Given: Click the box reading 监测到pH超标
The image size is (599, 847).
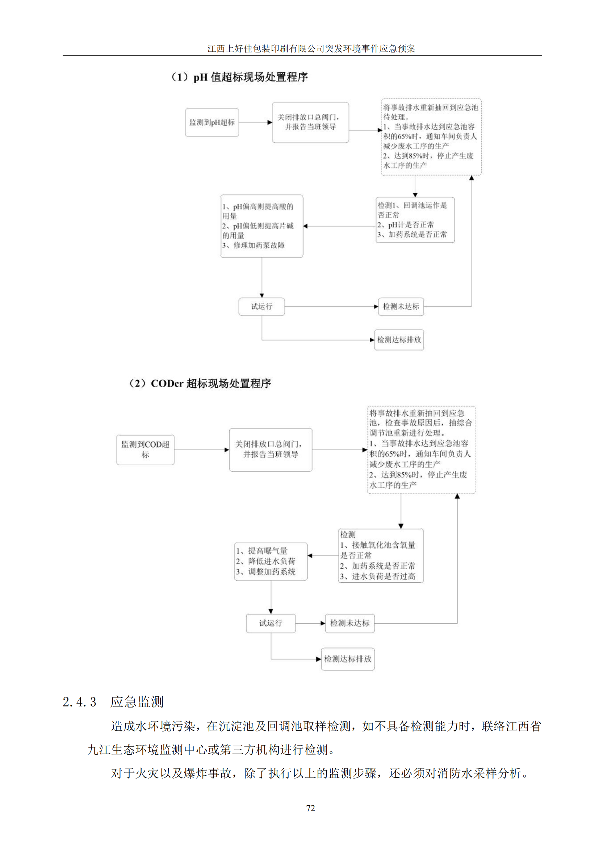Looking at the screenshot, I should coord(212,122).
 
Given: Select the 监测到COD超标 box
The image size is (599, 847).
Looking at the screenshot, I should coord(145,449).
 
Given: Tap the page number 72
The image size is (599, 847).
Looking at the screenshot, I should coord(311,808).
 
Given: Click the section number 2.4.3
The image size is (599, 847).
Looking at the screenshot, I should coord(79,701).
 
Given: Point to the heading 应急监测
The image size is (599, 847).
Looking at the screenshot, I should coord(137,701).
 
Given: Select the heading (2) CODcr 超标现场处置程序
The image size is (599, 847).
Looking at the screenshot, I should coord(200,383).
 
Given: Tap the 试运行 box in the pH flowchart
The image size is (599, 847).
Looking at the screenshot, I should coord(261,307).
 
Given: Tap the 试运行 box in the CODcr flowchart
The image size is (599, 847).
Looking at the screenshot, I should coord(271,623).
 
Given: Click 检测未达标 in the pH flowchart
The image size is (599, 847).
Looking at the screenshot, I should coord(401,307).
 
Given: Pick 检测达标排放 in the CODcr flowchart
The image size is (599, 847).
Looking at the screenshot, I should coord(347,659).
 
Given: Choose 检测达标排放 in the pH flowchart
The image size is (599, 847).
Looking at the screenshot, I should coord(399,340).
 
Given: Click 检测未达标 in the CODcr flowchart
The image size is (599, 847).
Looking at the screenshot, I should coord(350,623).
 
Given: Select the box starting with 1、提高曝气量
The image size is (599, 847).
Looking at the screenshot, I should coord(271,562).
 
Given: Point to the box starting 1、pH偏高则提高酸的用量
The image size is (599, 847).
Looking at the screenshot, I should coord(262,226).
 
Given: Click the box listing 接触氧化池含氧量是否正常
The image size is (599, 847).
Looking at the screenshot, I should coord(381,555).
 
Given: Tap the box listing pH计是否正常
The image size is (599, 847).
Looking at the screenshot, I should coord(415,220).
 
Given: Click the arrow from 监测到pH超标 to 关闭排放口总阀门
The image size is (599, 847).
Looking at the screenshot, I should coord(255,122).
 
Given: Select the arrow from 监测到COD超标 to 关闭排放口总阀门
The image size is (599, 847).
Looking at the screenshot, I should coord(201,450).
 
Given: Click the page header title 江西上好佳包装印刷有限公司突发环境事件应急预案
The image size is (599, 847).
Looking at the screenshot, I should coord(311,48).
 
